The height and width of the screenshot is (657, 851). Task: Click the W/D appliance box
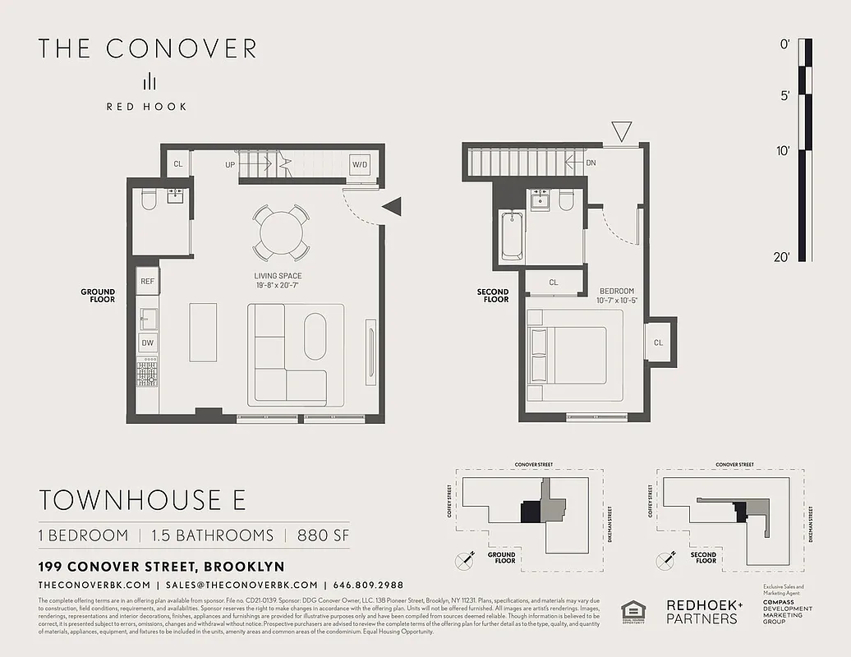(360, 164)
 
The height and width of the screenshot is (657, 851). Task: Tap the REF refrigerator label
(148, 282)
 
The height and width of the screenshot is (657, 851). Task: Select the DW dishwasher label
(148, 343)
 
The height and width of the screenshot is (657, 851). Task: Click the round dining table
(281, 232)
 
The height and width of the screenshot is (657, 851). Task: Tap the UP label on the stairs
(231, 165)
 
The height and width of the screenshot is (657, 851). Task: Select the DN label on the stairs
(591, 163)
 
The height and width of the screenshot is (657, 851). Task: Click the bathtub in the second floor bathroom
(512, 235)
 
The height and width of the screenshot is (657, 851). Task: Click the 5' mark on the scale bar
(784, 96)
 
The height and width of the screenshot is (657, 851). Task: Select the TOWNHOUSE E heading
(142, 499)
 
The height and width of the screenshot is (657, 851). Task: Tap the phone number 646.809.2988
(368, 585)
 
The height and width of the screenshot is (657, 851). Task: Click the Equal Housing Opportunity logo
(633, 612)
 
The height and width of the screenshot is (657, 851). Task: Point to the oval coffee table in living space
(315, 335)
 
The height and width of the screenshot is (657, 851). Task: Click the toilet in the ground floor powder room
(149, 200)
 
